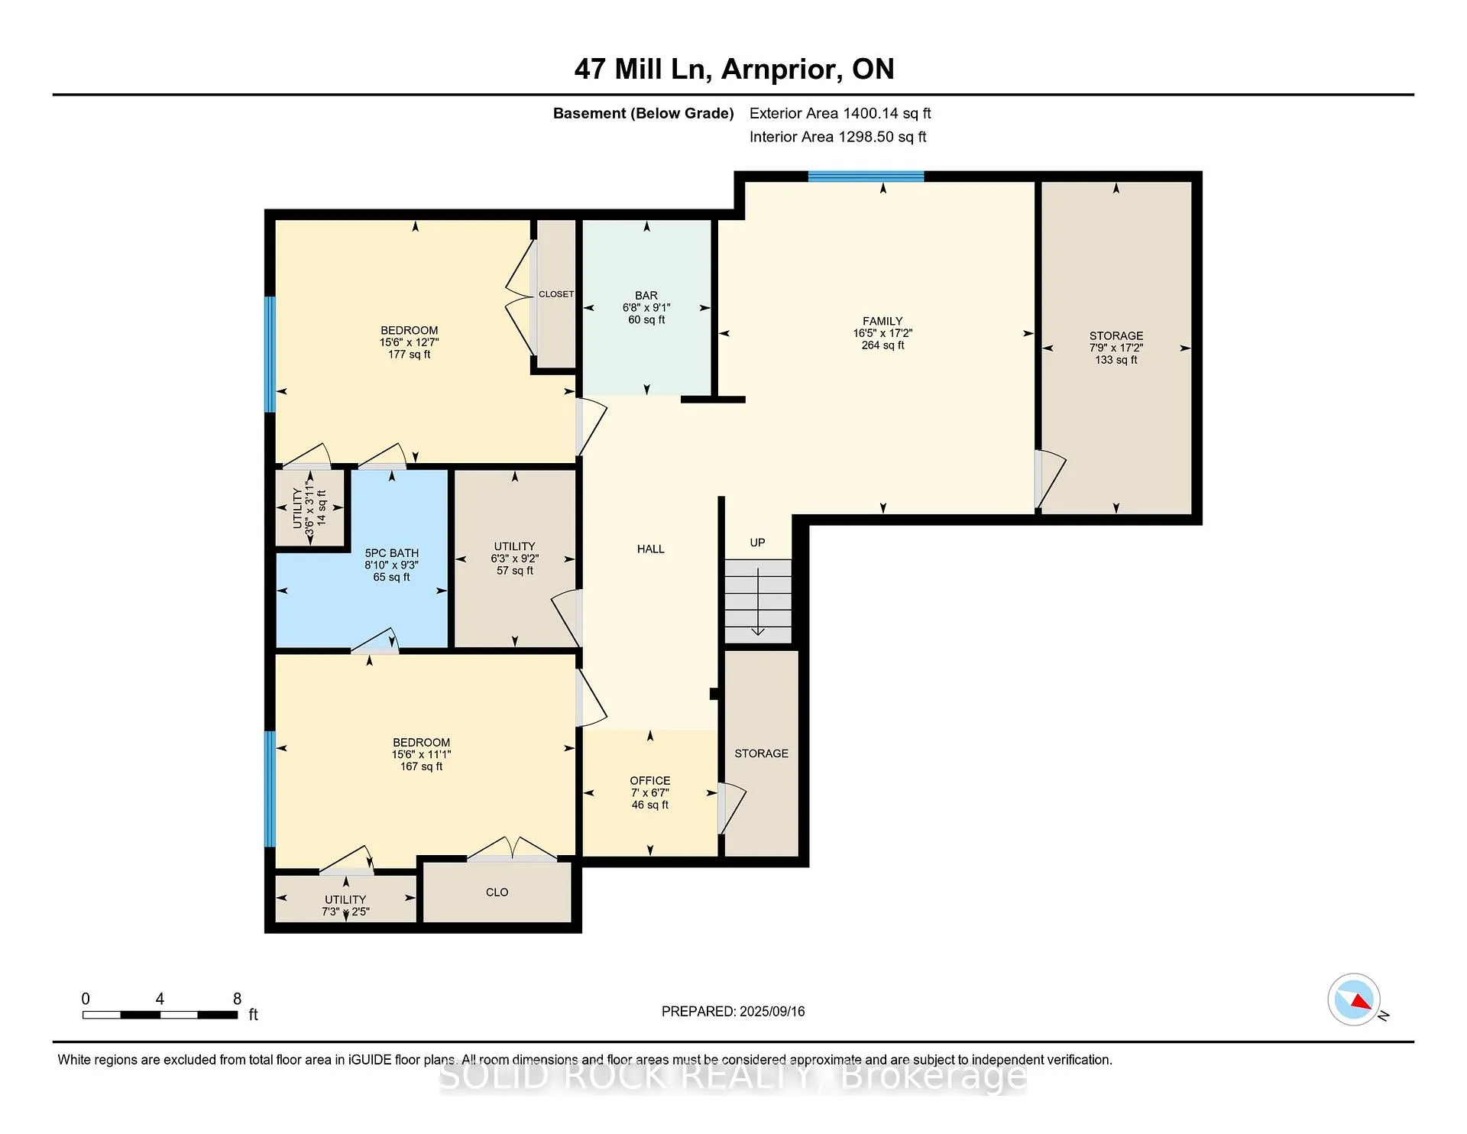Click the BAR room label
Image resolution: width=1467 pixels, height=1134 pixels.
pyautogui.click(x=646, y=296)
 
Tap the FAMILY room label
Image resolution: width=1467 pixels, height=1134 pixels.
pyautogui.click(x=882, y=322)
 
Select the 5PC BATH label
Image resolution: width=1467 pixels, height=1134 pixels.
pyautogui.click(x=391, y=553)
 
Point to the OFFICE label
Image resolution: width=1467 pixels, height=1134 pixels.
pyautogui.click(x=650, y=781)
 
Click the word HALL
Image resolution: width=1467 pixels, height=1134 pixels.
pyautogui.click(x=651, y=549)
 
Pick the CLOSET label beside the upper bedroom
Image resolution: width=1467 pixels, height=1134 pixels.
pyautogui.click(x=556, y=294)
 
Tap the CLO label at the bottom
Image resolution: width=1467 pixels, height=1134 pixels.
pyautogui.click(x=497, y=893)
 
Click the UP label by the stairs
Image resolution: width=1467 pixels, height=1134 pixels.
pyautogui.click(x=757, y=543)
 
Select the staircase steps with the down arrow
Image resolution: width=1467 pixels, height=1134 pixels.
pyautogui.click(x=758, y=601)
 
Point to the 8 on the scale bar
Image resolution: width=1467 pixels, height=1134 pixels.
pyautogui.click(x=237, y=999)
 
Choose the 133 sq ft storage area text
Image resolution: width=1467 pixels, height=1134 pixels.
pyautogui.click(x=1116, y=360)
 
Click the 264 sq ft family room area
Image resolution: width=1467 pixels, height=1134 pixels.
pyautogui.click(x=882, y=345)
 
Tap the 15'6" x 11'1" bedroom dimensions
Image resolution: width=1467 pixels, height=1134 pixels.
pyautogui.click(x=421, y=755)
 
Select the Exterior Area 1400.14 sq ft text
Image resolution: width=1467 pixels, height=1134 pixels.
pyautogui.click(x=840, y=114)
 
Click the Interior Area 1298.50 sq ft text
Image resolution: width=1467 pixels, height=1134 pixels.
pyautogui.click(x=838, y=138)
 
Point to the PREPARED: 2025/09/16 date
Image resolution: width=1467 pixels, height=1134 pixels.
pyautogui.click(x=733, y=1012)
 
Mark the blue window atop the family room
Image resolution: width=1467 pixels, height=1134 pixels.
pyautogui.click(x=866, y=177)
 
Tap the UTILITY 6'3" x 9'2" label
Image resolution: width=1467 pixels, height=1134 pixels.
pyautogui.click(x=514, y=559)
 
